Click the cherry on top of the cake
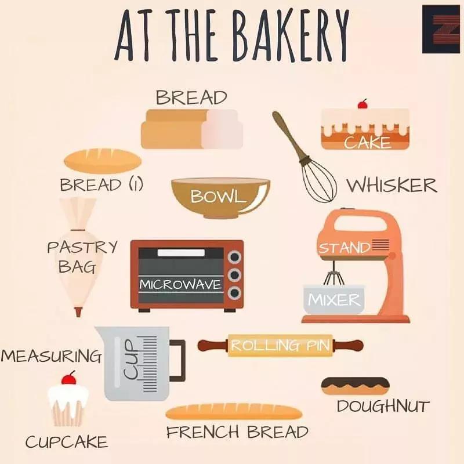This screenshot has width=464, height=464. click(x=362, y=104)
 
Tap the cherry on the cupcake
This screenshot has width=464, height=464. click(x=68, y=379)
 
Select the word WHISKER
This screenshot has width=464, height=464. click(x=392, y=186)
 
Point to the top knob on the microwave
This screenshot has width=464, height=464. click(x=235, y=257)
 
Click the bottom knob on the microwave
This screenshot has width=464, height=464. click(x=235, y=293)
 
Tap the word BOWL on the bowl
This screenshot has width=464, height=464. click(x=218, y=196)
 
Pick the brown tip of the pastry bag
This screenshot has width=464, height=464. click(x=78, y=312)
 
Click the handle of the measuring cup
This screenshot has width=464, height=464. click(x=178, y=360)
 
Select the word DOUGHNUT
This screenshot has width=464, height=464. click(x=383, y=406)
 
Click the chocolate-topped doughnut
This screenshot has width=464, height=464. click(x=355, y=386)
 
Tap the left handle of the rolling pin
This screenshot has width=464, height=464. click(x=213, y=345)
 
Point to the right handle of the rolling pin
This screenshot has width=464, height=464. click(x=348, y=345)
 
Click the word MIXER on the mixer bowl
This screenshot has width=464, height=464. click(x=335, y=300)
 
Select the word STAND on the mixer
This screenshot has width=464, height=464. click(x=344, y=248)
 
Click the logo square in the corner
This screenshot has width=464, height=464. click(x=441, y=29)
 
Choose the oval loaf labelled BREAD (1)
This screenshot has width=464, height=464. click(x=103, y=161)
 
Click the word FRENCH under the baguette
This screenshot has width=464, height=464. click(x=202, y=432)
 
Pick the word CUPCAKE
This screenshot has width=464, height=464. click(x=67, y=442)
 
